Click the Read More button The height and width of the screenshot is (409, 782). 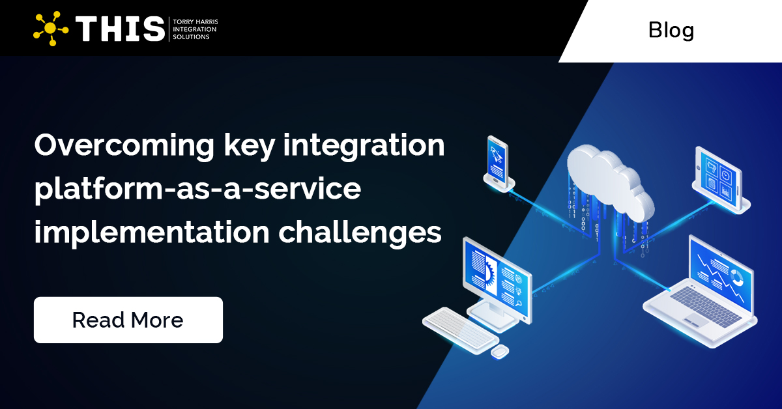[128, 320]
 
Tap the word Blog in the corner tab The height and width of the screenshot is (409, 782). [671, 30]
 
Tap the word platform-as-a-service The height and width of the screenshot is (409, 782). [197, 190]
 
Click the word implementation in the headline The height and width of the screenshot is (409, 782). [152, 233]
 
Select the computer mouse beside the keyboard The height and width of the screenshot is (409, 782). [500, 352]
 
